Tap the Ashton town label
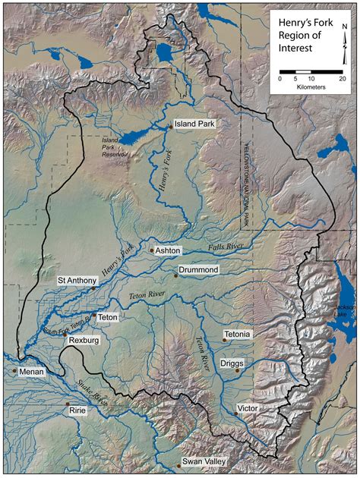click(169, 250)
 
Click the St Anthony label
click(75, 280)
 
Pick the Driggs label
click(232, 363)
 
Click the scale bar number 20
click(342, 79)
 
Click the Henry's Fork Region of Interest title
click(300, 36)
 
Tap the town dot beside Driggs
click(238, 371)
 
